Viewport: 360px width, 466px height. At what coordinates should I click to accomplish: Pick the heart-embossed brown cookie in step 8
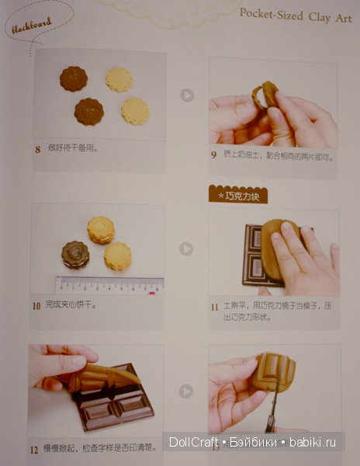pyautogui.click(x=89, y=111)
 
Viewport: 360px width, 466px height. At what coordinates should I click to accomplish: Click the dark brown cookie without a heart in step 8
pyautogui.click(x=74, y=78)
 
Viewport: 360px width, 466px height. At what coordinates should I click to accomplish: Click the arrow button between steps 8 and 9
pyautogui.click(x=186, y=95)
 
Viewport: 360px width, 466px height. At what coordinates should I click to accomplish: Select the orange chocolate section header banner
pyautogui.click(x=239, y=194)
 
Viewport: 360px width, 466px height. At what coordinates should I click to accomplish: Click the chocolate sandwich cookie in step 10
pyautogui.click(x=75, y=254)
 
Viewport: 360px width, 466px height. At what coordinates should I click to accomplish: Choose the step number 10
pyautogui.click(x=36, y=305)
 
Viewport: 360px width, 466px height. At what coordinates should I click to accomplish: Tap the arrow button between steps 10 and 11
pyautogui.click(x=186, y=249)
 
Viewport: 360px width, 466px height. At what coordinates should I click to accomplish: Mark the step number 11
pyautogui.click(x=214, y=308)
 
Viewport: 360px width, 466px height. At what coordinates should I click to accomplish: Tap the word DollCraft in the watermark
pyautogui.click(x=196, y=443)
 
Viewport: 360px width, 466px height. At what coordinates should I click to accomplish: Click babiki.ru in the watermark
pyautogui.click(x=314, y=443)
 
